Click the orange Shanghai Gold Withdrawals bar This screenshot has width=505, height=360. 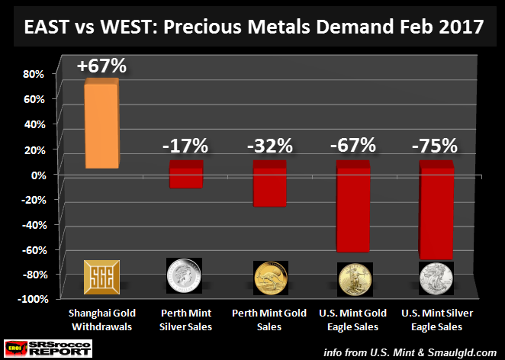click(x=100, y=125)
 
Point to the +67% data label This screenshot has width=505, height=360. click(x=101, y=66)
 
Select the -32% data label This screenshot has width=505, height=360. click(x=268, y=145)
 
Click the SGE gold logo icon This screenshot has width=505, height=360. click(x=100, y=275)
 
